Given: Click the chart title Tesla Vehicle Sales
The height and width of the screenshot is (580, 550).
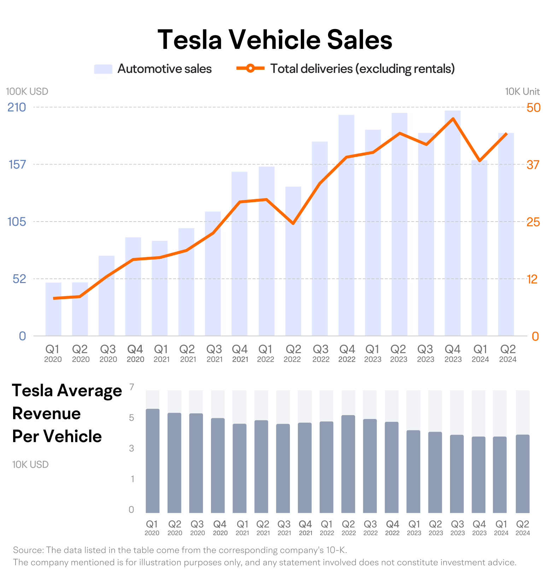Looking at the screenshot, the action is pos(275,39).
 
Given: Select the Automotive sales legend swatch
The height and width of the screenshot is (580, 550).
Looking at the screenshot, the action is pos(103,69).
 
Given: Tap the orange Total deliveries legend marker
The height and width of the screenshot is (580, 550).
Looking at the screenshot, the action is pos(250,68).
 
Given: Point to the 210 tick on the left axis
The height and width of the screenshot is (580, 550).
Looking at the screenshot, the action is pos(17,107).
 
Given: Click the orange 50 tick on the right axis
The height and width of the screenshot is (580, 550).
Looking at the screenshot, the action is pos(533,108).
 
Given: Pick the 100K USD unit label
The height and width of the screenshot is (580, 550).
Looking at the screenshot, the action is pos(27,91).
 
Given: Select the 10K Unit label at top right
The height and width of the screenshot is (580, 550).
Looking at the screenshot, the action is pos(522,91).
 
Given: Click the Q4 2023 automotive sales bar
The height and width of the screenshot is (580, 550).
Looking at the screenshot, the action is pos(453,223).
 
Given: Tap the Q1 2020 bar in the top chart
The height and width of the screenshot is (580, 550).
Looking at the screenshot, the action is pos(53,309).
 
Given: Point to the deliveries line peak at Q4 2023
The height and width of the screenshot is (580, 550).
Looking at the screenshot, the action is pos(453,119).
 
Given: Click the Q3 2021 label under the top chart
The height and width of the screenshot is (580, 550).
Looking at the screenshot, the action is pos(214,354).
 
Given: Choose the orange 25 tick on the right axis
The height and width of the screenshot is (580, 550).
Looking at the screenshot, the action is pos(533,222).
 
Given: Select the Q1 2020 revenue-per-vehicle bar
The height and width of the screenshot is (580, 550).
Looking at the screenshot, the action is pos(153,461).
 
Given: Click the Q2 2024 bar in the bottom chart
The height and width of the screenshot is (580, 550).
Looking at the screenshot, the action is pos(523,474).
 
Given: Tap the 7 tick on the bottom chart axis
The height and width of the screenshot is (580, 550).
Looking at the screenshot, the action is pos(132,387).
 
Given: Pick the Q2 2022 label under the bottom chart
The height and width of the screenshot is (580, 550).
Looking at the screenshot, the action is pos(349,528).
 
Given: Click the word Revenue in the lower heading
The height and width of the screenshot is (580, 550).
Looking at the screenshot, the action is pos(47,413).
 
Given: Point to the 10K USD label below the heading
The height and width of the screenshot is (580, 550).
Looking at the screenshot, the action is pos(30,465).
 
